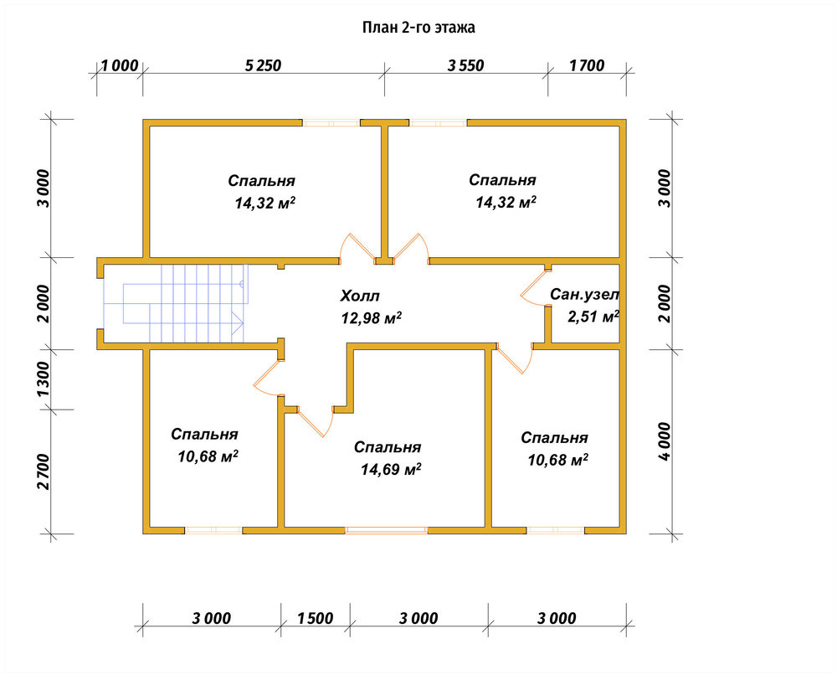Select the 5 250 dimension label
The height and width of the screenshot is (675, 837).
263,65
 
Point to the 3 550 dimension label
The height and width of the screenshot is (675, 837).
466,65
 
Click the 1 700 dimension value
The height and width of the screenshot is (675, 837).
588,65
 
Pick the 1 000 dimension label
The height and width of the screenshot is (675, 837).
120,65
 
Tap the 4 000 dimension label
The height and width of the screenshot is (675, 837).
664,441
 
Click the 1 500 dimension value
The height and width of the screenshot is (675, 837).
315,618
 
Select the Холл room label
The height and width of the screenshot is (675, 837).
360,296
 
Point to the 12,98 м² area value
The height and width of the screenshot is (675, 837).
372,318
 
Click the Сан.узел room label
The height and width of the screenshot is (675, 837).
585,294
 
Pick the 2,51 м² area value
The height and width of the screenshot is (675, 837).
593,317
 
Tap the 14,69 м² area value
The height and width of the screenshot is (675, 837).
391,470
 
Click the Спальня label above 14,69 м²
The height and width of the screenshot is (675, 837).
388,447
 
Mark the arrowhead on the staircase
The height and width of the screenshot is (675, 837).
238,323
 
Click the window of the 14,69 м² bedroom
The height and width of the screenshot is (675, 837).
386,530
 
